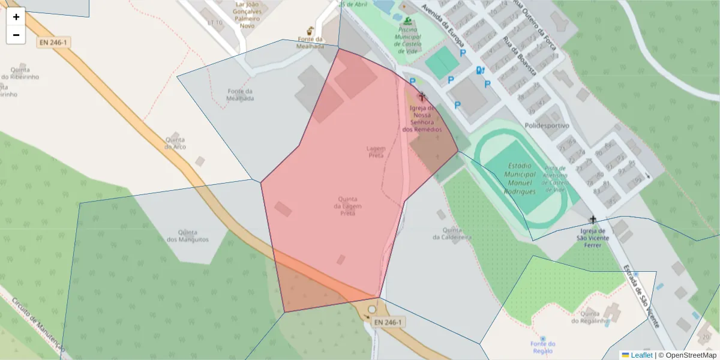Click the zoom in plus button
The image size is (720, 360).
point(16,17)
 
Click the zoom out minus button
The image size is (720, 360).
point(16,35)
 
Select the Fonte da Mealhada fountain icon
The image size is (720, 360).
point(310,31)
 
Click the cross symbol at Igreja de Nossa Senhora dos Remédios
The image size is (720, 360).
point(422,96)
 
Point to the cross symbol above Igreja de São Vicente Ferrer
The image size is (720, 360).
point(593,220)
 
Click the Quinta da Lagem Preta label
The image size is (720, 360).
point(348,206)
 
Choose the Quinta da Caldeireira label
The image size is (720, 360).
point(452,233)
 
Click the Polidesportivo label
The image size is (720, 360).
point(547,126)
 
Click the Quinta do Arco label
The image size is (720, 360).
point(175,143)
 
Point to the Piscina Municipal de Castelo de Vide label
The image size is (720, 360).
point(408,36)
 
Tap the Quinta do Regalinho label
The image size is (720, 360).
point(590,317)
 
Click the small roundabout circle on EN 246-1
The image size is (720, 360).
point(372,309)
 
